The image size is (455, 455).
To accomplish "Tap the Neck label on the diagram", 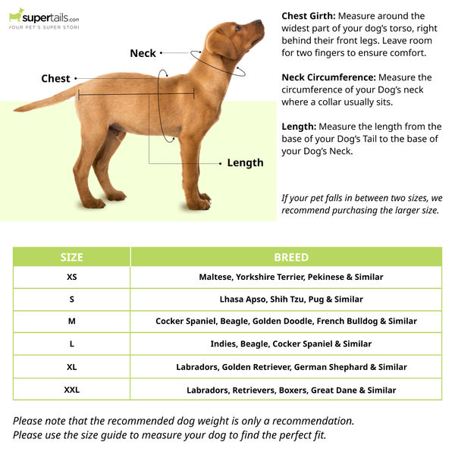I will tap(143, 53).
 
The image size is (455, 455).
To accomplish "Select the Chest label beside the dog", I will tap(55, 78).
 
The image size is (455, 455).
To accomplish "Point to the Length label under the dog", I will tap(245, 162).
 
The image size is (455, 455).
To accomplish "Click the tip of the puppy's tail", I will tap(16, 110).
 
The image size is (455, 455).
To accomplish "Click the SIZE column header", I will tap(71, 257).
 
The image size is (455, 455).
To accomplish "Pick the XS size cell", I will tap(71, 277).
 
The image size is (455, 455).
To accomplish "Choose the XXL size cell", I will tap(71, 390).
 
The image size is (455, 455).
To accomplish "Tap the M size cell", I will tap(71, 321).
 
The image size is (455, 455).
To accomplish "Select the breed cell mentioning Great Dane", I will tap(291, 390).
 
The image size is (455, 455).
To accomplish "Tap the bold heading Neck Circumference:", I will tap(328, 77).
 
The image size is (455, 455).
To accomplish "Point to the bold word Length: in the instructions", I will tap(299, 127).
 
